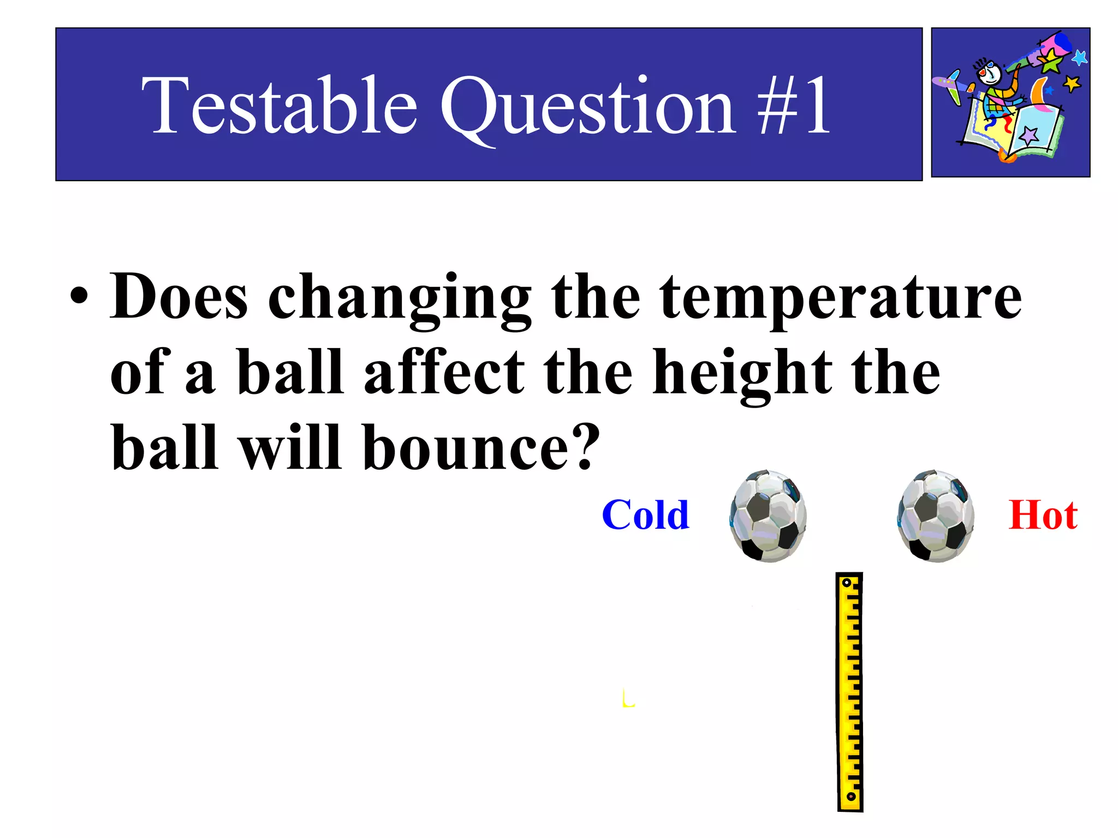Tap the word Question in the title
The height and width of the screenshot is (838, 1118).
[x=587, y=107]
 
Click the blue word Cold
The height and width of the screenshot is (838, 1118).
[x=645, y=515]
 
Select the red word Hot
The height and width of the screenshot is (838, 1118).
[x=1043, y=515]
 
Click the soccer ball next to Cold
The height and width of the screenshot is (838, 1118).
[x=768, y=516]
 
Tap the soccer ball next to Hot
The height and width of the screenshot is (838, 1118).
[x=936, y=516]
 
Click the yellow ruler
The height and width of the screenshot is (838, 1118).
[x=849, y=692]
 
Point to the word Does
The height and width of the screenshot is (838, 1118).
[x=179, y=297]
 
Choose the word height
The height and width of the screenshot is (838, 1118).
[x=742, y=374]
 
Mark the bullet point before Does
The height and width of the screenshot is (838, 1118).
[x=79, y=297]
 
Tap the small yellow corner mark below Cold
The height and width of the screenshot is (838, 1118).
[x=628, y=699]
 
